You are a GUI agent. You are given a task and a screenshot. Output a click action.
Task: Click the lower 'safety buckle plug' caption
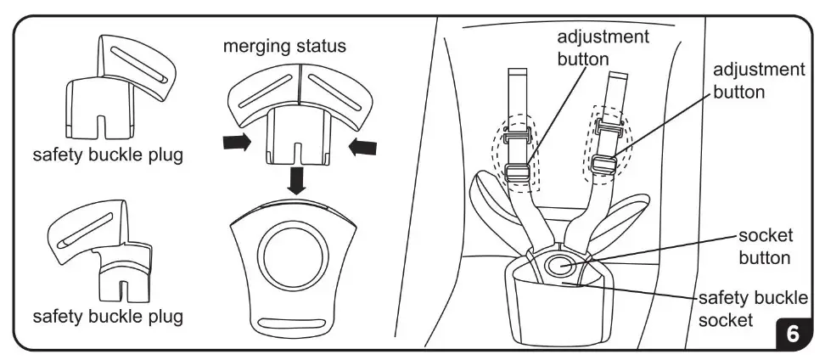[x=107, y=317]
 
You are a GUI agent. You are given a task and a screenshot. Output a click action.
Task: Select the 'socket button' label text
[x=764, y=246]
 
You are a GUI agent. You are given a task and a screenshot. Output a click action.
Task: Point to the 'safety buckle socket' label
[x=751, y=309]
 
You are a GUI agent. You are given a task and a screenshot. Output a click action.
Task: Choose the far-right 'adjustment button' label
[x=759, y=80]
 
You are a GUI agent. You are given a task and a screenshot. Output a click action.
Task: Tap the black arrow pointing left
[x=362, y=147]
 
